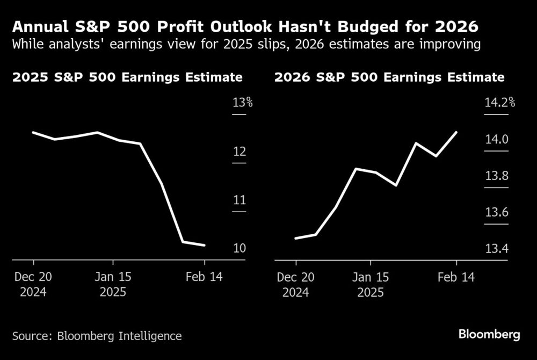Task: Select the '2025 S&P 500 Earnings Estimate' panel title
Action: pyautogui.click(x=127, y=77)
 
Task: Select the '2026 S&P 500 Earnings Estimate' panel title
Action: pyautogui.click(x=389, y=77)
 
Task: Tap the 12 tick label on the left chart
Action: pyautogui.click(x=239, y=152)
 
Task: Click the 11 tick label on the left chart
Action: pyautogui.click(x=239, y=200)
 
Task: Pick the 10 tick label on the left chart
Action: pyautogui.click(x=239, y=249)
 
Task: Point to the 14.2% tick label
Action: pyautogui.click(x=499, y=103)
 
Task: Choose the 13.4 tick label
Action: pyautogui.click(x=496, y=249)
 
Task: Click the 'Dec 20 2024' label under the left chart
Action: pyautogui.click(x=33, y=285)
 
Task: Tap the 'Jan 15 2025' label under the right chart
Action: pyautogui.click(x=370, y=285)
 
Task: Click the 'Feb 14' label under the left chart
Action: pyautogui.click(x=205, y=277)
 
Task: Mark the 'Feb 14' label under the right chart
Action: pyautogui.click(x=456, y=277)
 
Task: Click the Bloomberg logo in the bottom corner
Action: pyautogui.click(x=489, y=335)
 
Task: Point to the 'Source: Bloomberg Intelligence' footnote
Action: pyautogui.click(x=97, y=336)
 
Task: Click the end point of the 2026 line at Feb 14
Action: pyautogui.click(x=456, y=132)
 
